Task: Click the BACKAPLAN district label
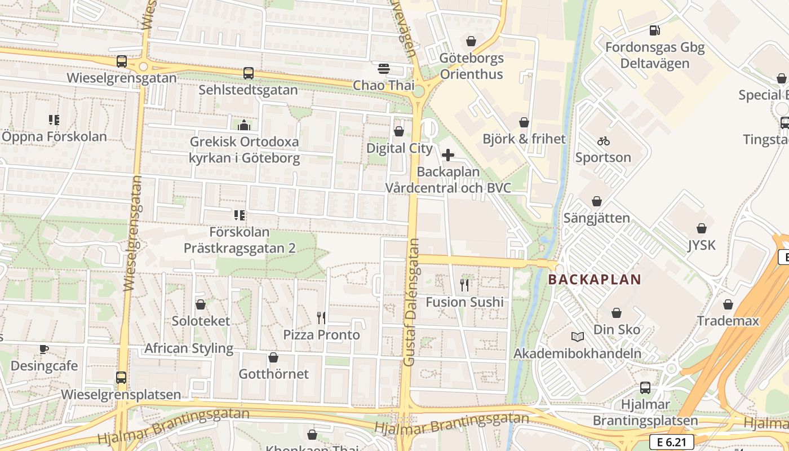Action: (595, 279)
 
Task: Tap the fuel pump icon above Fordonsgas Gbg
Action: (654, 30)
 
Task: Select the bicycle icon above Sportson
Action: (604, 141)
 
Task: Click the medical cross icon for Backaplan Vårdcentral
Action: (448, 155)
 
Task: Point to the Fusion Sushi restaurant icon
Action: (464, 285)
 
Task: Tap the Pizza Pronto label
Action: (321, 335)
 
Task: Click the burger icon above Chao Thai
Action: (384, 69)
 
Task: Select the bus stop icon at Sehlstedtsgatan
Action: (248, 73)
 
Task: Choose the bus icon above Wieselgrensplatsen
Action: (121, 378)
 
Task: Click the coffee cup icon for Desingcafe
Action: (44, 350)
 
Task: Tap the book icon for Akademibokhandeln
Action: (578, 337)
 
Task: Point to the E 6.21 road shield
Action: (671, 442)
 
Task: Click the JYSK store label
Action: (701, 245)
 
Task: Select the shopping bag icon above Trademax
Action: (728, 305)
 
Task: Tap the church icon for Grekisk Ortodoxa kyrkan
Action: (244, 125)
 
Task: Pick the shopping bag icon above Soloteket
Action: (200, 305)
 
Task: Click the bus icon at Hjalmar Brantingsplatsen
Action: (645, 388)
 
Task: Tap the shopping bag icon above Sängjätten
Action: (596, 201)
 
